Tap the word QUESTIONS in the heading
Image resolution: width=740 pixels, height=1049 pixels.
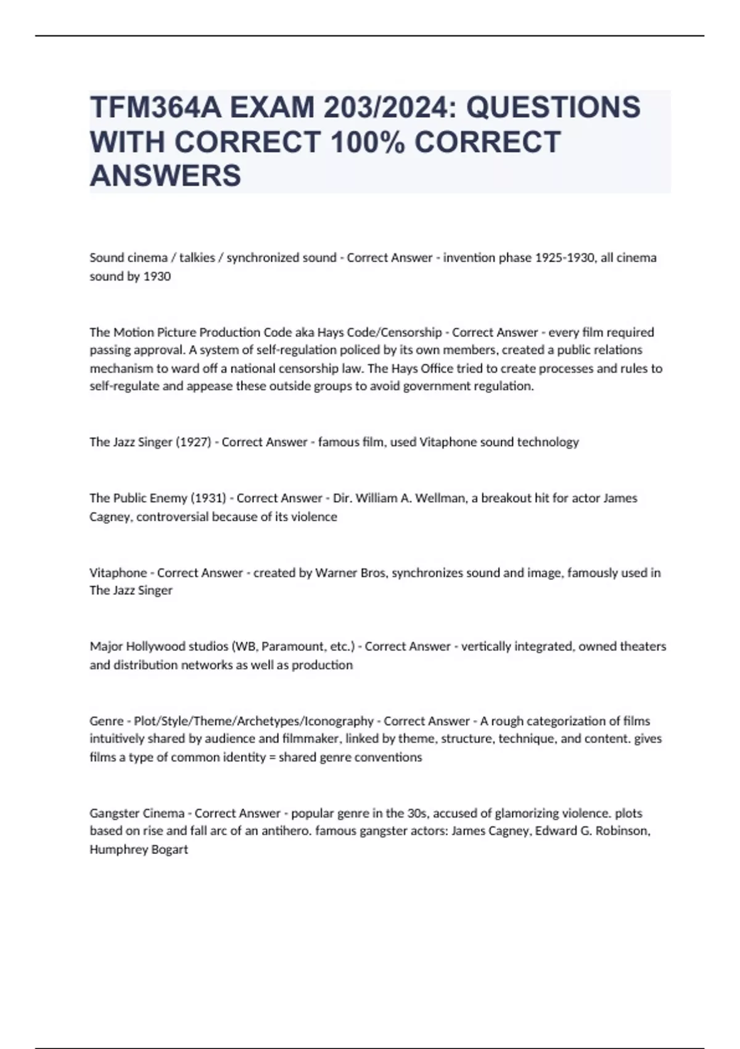click(x=553, y=107)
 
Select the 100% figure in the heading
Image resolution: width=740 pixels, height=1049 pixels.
click(x=368, y=142)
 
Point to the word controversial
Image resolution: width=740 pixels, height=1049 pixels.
click(x=173, y=516)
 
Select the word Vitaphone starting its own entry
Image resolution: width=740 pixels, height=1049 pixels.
click(x=118, y=573)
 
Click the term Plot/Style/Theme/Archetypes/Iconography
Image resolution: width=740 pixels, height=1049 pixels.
click(x=253, y=721)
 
